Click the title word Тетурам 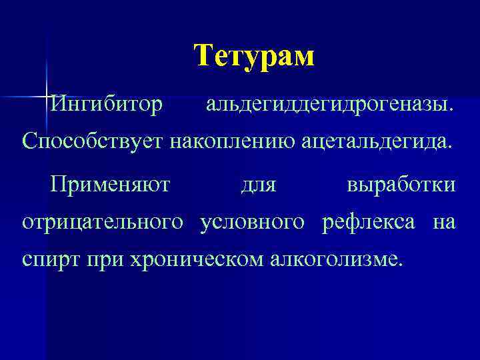point(254,56)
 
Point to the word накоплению point(223,141)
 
